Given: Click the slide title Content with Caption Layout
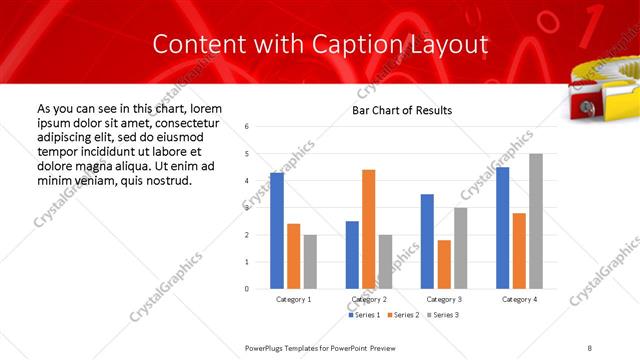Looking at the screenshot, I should (320, 43).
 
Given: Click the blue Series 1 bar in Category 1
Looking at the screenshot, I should (277, 230).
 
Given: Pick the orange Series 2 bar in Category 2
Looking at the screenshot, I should (369, 229).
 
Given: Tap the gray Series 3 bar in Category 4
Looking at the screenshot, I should (536, 221).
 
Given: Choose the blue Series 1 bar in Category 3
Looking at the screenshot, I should (427, 241).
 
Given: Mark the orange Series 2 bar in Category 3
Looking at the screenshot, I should (444, 264).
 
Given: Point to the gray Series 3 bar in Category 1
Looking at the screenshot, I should (311, 261).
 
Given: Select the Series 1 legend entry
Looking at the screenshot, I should (365, 315).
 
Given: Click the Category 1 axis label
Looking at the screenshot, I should (294, 299).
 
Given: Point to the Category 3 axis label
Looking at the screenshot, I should (444, 299).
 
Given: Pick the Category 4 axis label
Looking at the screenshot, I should (519, 299).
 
